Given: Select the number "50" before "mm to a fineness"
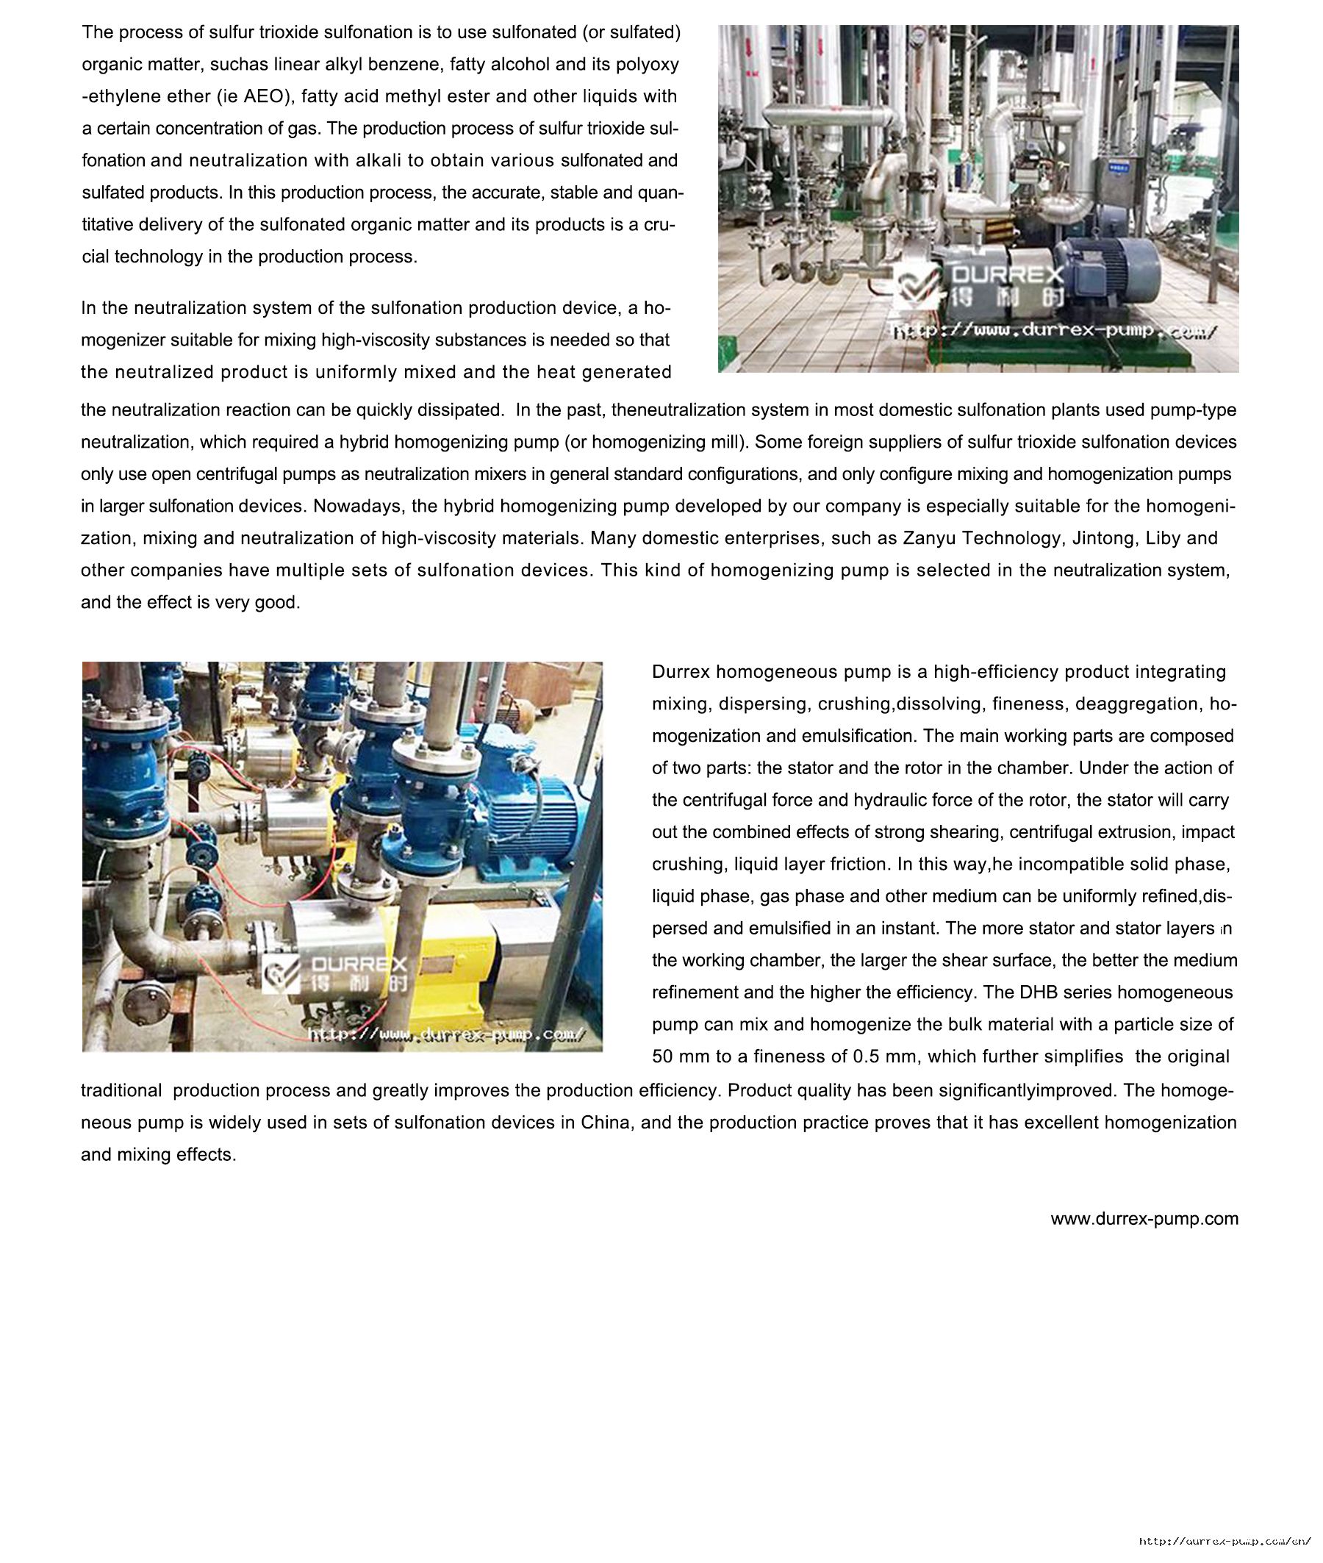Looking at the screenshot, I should tap(662, 1057).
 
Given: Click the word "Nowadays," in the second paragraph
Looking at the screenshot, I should tap(350, 507).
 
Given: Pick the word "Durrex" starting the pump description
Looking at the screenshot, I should tap(681, 672).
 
